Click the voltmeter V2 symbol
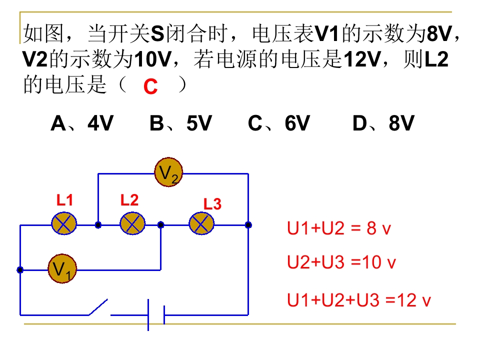tap(168, 173)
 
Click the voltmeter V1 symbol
tap(62, 270)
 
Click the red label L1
tap(64, 201)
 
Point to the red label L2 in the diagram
tap(129, 201)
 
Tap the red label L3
tap(212, 204)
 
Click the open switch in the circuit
tap(98, 307)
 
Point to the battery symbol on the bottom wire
tap(156, 315)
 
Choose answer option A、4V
tap(82, 123)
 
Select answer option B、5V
tap(180, 123)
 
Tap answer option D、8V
tap(383, 123)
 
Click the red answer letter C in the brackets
tap(150, 87)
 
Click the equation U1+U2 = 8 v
tap(338, 228)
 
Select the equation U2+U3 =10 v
tap(341, 262)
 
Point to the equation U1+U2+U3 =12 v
tap(358, 300)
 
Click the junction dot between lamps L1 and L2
tap(98, 225)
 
